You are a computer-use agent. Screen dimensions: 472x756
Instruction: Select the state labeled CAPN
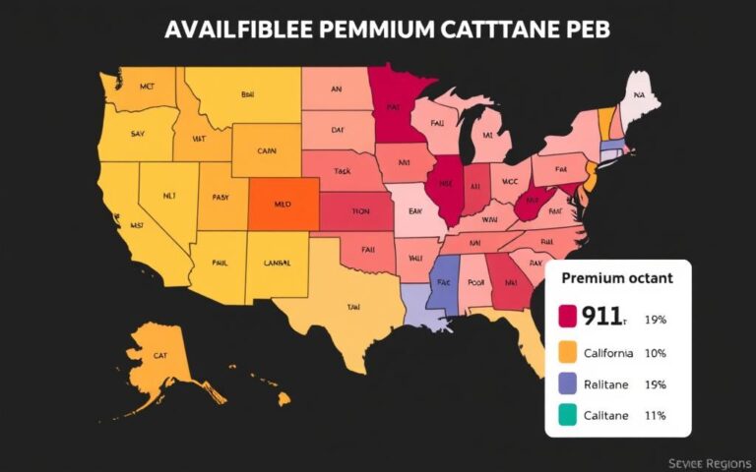pos(267,151)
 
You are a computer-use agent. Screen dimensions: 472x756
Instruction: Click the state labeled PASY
pos(220,197)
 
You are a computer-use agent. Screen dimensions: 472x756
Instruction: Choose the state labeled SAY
pos(139,132)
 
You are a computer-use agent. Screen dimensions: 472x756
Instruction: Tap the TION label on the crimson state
pos(362,210)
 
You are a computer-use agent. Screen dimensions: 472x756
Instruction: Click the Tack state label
pos(342,170)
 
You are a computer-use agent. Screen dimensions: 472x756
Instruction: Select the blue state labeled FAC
pos(443,281)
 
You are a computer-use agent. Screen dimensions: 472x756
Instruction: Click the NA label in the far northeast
pos(639,96)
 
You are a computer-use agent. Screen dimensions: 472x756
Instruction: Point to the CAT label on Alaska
pos(161,355)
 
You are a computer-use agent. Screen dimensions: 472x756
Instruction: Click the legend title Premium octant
pos(617,278)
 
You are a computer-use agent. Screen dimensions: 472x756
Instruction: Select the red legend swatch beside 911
pos(567,316)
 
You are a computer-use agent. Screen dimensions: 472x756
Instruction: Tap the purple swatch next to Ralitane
pos(567,383)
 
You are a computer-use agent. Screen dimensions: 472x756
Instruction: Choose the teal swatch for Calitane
pos(567,415)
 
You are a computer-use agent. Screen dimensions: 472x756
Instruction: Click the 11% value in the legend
pos(655,415)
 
